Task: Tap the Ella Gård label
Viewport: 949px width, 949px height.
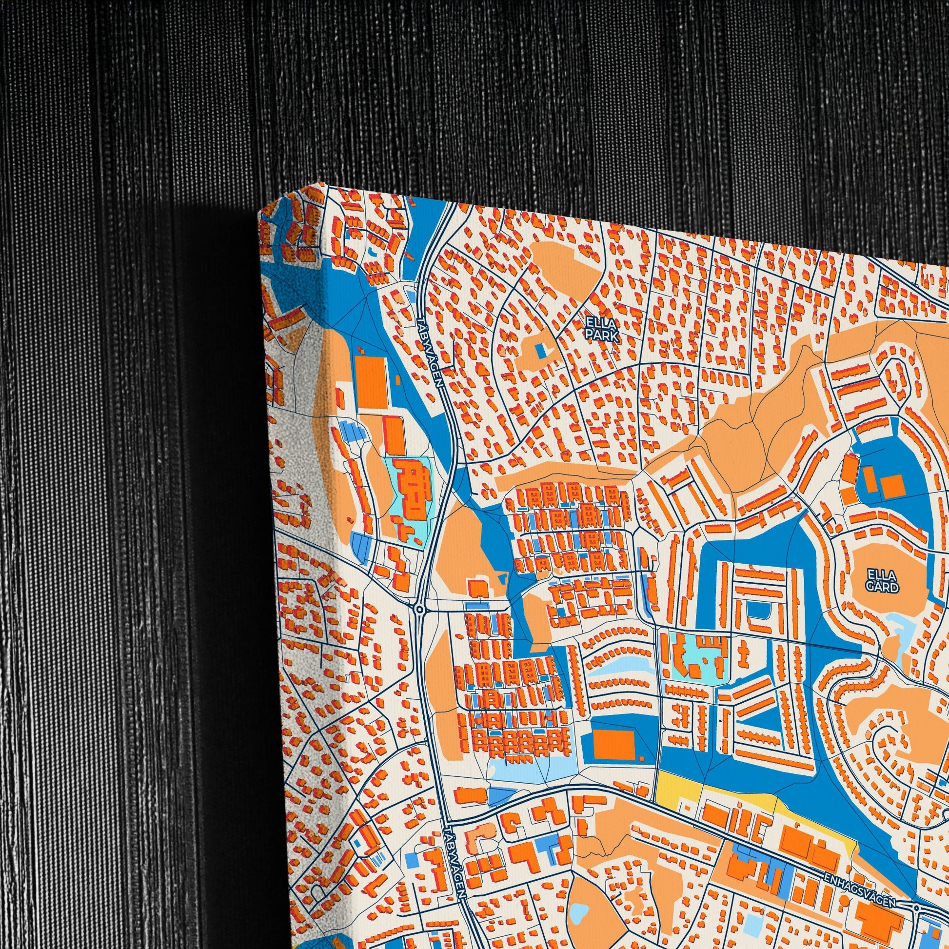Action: click(x=882, y=580)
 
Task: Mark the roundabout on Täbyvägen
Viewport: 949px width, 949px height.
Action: click(x=419, y=610)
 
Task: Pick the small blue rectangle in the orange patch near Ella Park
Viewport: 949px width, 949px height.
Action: click(x=541, y=350)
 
